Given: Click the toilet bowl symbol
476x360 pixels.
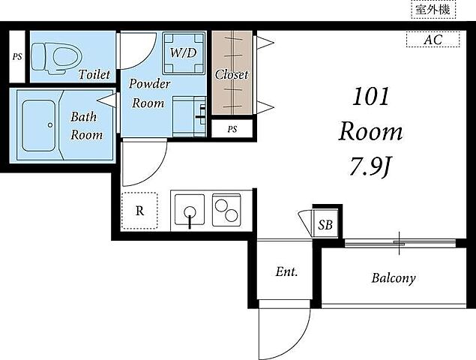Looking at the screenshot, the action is pyautogui.click(x=57, y=58).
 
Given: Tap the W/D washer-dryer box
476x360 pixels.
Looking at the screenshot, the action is pyautogui.click(x=184, y=52).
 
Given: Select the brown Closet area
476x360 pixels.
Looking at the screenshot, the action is pyautogui.click(x=232, y=73).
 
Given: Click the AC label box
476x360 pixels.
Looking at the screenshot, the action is pyautogui.click(x=433, y=40).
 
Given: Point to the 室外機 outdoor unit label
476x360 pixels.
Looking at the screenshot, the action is pyautogui.click(x=433, y=10).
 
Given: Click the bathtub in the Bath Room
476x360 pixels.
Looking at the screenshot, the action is pyautogui.click(x=38, y=125).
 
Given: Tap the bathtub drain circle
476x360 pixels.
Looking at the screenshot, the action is pyautogui.click(x=50, y=124).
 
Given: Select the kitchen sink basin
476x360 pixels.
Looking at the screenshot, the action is pyautogui.click(x=190, y=210).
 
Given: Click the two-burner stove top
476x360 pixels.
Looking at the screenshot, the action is pyautogui.click(x=226, y=210).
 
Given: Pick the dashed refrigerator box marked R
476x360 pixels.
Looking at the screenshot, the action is pyautogui.click(x=139, y=211).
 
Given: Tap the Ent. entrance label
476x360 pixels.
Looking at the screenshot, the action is pyautogui.click(x=286, y=272).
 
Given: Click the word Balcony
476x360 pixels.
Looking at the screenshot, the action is pyautogui.click(x=394, y=278).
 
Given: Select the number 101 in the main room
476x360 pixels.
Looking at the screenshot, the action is pyautogui.click(x=370, y=97).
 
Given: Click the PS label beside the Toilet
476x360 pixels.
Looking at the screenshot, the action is pyautogui.click(x=17, y=57).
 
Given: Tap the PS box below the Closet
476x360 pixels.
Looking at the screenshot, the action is pyautogui.click(x=232, y=128).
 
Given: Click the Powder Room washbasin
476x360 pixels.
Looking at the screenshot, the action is pyautogui.click(x=189, y=116).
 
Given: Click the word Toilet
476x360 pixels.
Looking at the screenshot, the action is pyautogui.click(x=94, y=74).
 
